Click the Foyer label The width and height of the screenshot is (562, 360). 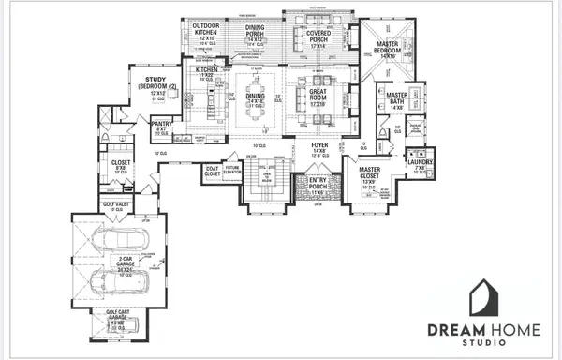(319, 146)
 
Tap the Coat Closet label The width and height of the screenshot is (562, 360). (212, 171)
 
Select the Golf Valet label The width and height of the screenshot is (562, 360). (114, 203)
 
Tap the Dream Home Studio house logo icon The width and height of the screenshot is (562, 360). (485, 298)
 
